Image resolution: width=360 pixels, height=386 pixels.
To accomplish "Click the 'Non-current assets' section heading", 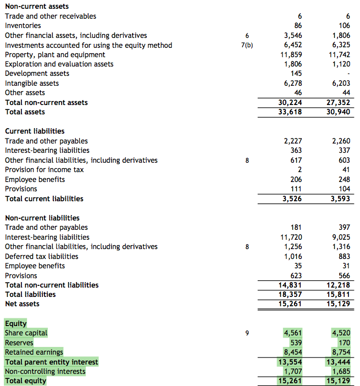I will pyautogui.click(x=37, y=6).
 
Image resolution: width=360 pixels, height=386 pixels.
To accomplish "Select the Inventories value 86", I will pyautogui.click(x=298, y=25).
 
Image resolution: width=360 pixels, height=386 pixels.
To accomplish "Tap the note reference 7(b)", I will pyautogui.click(x=247, y=45).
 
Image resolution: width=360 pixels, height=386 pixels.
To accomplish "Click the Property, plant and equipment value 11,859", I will pyautogui.click(x=291, y=54).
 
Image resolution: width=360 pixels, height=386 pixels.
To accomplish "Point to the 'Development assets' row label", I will pyautogui.click(x=37, y=73).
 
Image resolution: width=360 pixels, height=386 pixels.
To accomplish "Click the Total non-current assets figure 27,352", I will pyautogui.click(x=339, y=102).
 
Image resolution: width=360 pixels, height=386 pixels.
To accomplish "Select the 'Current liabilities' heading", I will pyautogui.click(x=35, y=131).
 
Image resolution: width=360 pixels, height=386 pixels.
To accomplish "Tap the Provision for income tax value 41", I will pyautogui.click(x=346, y=169).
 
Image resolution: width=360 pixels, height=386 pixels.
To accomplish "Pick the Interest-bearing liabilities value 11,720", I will pyautogui.click(x=291, y=237).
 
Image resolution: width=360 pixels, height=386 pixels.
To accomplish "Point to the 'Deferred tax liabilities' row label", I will pyautogui.click(x=41, y=256).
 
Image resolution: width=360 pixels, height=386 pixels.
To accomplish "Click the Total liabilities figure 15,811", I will pyautogui.click(x=339, y=294).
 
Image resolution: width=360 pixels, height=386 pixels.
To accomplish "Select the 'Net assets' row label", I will pyautogui.click(x=22, y=304).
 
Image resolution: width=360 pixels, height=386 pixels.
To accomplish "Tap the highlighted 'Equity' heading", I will pyautogui.click(x=15, y=323).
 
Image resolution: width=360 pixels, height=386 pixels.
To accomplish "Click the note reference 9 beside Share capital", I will pyautogui.click(x=247, y=333).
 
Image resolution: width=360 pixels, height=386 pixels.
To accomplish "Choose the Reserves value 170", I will pyautogui.click(x=344, y=343).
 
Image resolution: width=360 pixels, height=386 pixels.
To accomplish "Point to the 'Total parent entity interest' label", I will pyautogui.click(x=51, y=362).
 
